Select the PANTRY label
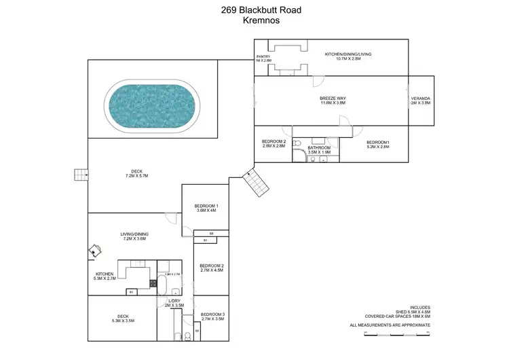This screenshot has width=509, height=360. [x=263, y=58]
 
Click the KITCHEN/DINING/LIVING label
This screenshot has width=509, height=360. [x=347, y=56]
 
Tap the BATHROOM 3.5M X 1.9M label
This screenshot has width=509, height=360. [x=319, y=150]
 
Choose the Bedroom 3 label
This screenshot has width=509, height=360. [x=212, y=316]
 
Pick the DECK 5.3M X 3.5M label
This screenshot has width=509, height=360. [x=123, y=318]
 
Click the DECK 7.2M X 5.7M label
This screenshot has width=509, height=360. [x=136, y=173]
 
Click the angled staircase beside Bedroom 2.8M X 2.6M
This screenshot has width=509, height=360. [x=255, y=182]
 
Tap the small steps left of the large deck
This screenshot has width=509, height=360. [x=81, y=175]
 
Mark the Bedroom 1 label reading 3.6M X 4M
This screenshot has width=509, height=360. [x=206, y=208]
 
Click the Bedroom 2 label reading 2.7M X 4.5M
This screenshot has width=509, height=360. [x=212, y=268]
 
